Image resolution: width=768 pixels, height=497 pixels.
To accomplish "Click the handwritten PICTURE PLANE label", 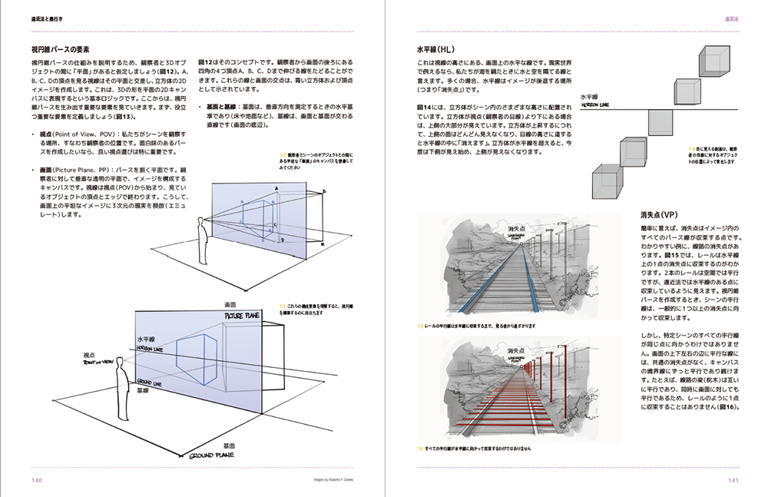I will [x=243, y=316].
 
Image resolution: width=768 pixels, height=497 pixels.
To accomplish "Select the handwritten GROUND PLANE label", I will [x=210, y=456].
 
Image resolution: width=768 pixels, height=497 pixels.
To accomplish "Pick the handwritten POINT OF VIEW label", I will [x=101, y=363].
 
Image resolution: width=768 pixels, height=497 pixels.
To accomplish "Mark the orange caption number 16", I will [x=419, y=448].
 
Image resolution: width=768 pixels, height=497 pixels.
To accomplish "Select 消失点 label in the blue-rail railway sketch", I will [x=515, y=228].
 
